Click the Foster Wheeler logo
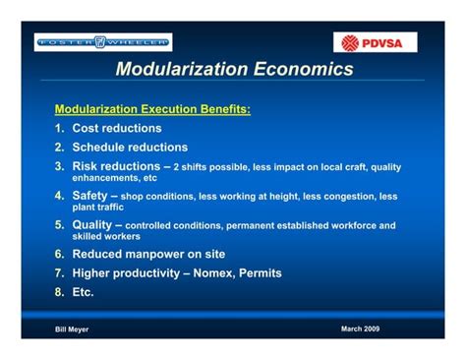coord(103,41)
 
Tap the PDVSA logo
coord(379,42)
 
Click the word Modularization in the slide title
coord(180,71)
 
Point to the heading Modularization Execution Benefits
coord(151,109)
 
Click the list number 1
coord(59,128)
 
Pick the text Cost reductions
coord(117,128)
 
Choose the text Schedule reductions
coord(130,148)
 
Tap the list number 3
coord(59,166)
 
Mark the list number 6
coord(59,253)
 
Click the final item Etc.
coord(86,291)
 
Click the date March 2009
coord(360,328)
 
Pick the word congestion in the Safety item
coord(345,197)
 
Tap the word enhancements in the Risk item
coord(102,178)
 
